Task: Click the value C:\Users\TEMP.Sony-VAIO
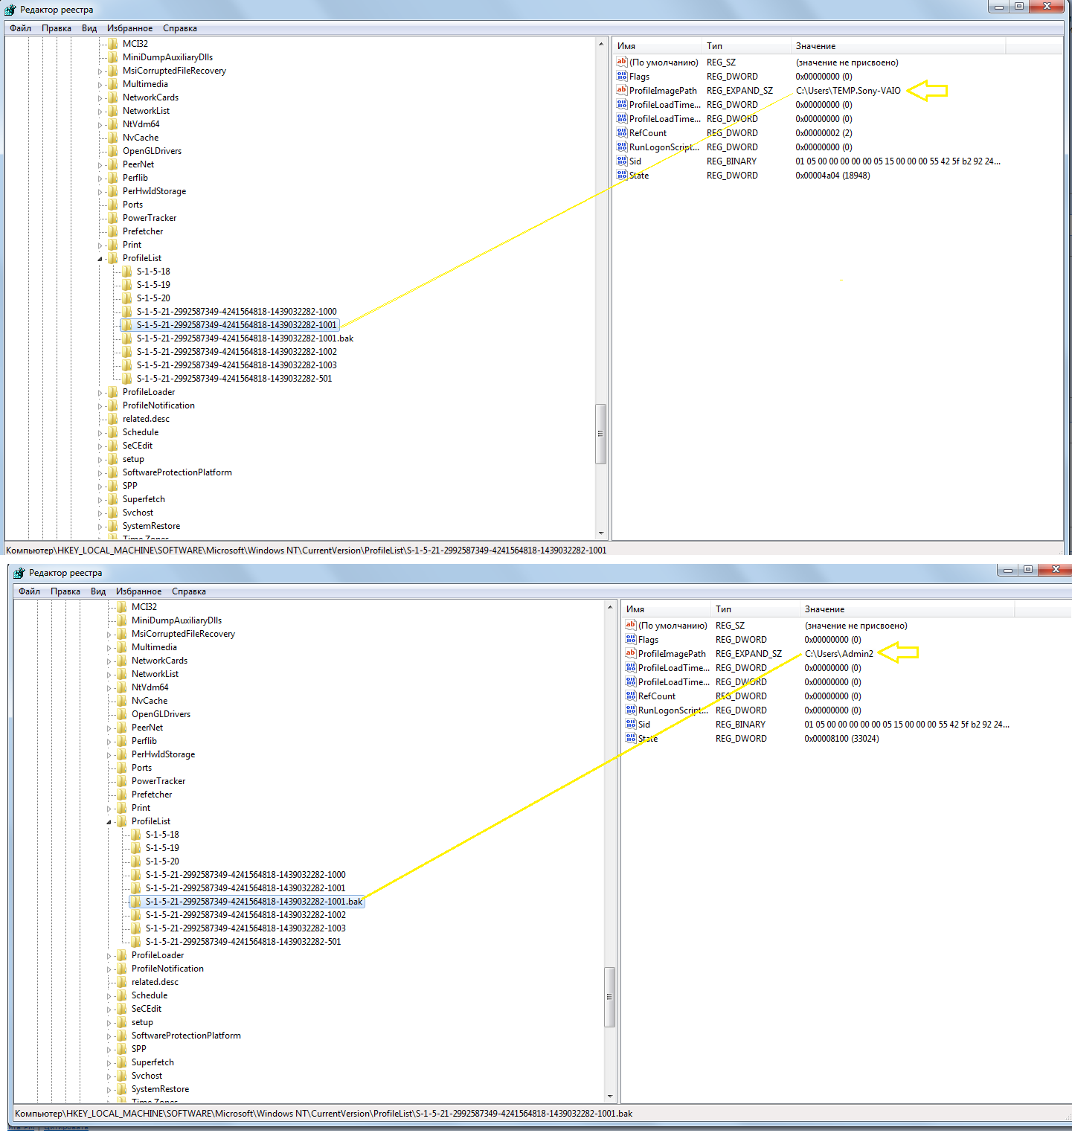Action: (x=848, y=91)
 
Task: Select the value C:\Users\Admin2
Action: (x=838, y=654)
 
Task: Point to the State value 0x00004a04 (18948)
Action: (x=832, y=176)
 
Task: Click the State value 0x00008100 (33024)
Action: (x=841, y=739)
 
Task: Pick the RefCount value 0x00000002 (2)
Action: (x=824, y=133)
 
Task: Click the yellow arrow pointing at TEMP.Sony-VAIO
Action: (x=927, y=91)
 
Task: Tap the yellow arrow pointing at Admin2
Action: (x=899, y=653)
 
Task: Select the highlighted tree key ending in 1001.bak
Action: (x=254, y=902)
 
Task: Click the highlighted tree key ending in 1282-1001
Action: (x=237, y=325)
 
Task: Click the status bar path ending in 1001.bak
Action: (x=324, y=1114)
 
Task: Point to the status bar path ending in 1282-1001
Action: (x=306, y=551)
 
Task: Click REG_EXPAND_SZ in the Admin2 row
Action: (x=748, y=654)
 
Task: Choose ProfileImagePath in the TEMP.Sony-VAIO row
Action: (x=663, y=91)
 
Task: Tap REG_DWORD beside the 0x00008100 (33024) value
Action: (x=741, y=739)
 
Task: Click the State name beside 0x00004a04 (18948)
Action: (x=639, y=176)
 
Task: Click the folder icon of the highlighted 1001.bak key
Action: (x=136, y=902)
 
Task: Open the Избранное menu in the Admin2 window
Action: (x=138, y=591)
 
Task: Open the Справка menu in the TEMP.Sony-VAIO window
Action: (x=180, y=28)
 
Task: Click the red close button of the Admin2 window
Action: (x=1056, y=570)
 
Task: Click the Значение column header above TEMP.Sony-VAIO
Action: (x=815, y=46)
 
